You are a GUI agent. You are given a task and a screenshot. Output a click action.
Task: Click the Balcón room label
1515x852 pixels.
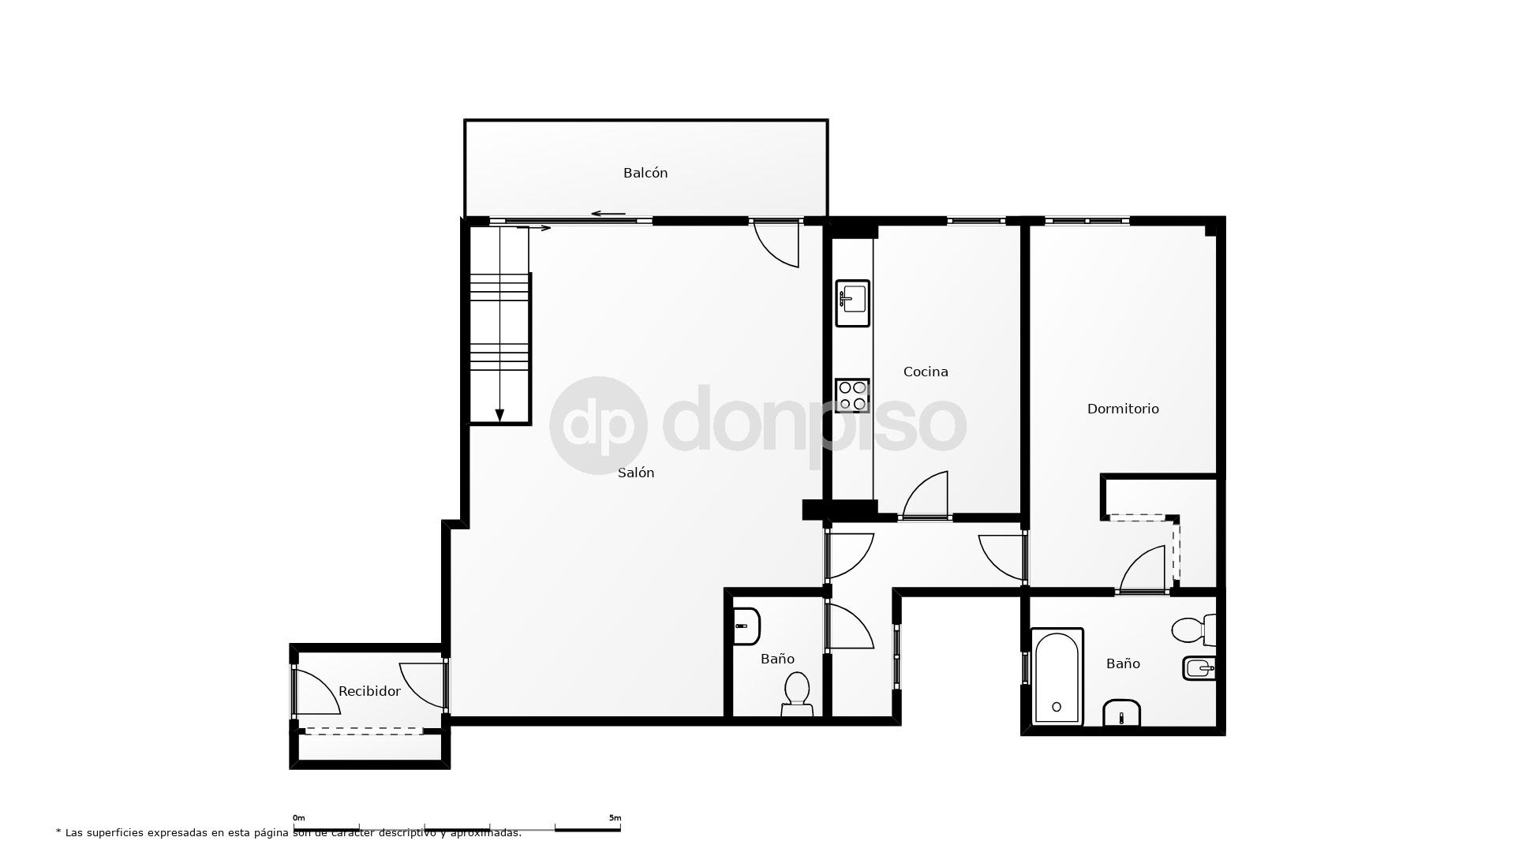645,173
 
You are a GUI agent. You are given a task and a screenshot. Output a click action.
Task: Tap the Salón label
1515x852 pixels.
636,473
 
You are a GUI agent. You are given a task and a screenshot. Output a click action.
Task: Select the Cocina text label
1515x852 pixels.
926,372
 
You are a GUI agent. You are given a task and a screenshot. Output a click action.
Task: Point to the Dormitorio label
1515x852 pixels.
1123,409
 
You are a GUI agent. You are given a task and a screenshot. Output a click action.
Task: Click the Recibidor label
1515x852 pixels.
369,691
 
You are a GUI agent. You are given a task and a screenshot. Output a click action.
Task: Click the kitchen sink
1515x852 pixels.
853,303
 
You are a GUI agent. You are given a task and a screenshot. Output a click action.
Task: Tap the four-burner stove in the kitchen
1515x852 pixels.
853,395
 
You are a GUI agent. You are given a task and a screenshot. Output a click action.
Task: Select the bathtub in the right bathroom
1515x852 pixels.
1057,677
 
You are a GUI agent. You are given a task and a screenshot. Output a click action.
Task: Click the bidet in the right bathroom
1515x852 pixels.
1199,668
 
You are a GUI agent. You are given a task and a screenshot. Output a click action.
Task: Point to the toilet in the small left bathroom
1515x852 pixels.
797,694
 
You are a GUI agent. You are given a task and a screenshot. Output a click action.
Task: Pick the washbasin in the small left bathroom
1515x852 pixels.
746,626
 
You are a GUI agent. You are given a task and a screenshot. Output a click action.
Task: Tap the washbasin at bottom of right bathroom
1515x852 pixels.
1121,712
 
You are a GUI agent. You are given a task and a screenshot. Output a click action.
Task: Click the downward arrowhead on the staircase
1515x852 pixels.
499,416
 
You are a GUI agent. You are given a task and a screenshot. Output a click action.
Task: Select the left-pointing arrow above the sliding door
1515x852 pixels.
608,214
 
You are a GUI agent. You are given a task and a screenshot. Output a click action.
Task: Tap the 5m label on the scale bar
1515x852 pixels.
615,818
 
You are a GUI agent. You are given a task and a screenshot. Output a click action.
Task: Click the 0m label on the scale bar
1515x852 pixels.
299,818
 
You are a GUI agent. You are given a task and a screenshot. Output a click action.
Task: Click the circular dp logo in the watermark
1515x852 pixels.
599,425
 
